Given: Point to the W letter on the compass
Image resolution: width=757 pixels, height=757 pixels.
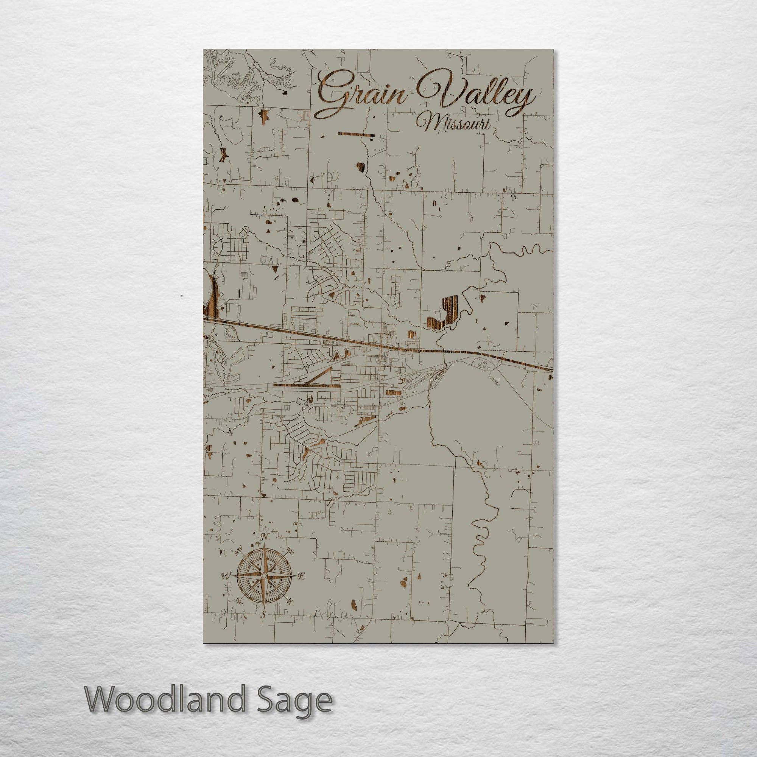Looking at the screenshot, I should point(225,587).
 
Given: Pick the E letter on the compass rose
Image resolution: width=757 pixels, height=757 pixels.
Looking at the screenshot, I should point(302,587).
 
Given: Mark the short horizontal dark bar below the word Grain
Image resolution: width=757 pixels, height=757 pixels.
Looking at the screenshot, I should point(356,135).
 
